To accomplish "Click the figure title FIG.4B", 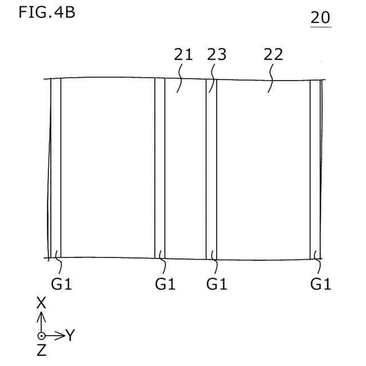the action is (46, 13).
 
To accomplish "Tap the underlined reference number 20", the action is (320, 18).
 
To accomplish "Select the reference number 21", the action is (183, 55).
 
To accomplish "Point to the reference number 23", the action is (216, 55).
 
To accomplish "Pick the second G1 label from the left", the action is (165, 284).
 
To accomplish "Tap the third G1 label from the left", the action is (217, 284).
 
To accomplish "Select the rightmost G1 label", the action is (321, 284).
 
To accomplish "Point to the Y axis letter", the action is (70, 336).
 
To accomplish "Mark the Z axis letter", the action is (41, 351).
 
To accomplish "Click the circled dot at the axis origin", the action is (41, 336).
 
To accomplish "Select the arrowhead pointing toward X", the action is (41, 315).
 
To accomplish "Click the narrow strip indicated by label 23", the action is (211, 172).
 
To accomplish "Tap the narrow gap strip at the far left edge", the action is (55, 172).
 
